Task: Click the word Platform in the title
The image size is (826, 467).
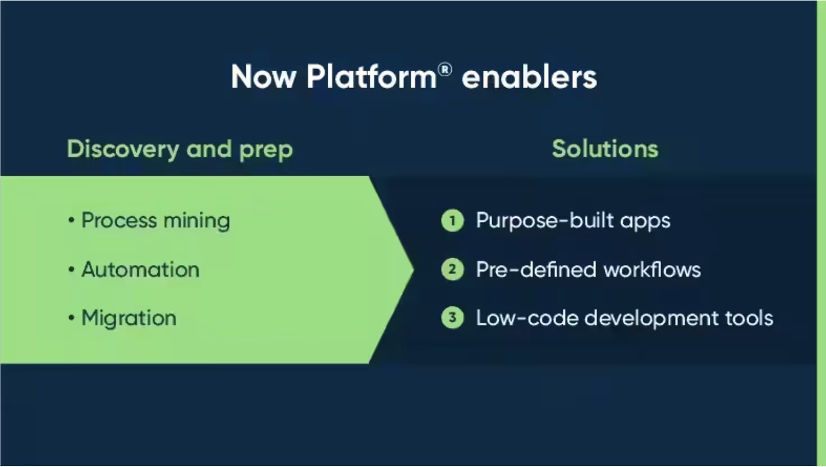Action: coord(371,77)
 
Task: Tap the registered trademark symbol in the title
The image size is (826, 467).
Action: coord(444,69)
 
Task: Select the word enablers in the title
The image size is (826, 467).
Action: coord(529,77)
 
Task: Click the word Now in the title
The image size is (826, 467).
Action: coord(263,77)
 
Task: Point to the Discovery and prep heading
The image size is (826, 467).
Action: coord(180,149)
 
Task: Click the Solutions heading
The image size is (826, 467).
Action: coord(605,149)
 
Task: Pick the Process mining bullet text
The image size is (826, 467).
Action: coord(155,221)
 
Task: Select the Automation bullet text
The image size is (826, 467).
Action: coord(140,269)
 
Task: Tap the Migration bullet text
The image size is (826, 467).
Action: coord(129,318)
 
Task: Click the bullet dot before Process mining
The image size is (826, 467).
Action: coord(71,221)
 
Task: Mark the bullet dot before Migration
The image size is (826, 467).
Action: coord(71,318)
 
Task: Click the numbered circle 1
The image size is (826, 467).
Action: coord(452,221)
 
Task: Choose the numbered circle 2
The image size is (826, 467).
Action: coord(452,269)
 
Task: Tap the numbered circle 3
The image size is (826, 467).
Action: coord(452,318)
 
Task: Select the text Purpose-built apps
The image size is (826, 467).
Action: coord(573,221)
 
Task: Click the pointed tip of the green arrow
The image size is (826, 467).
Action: coord(412,269)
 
